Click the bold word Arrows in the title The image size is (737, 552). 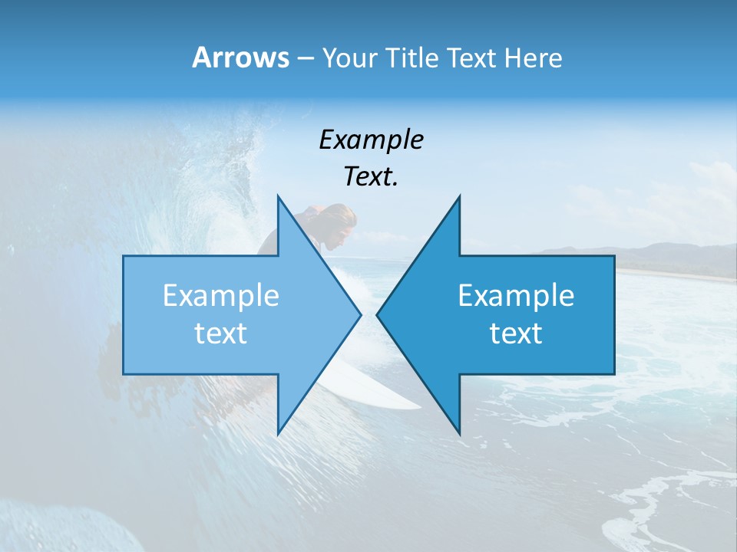240,58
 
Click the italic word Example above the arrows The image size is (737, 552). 371,140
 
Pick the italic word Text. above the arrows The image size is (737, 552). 371,176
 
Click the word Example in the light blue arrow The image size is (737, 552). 221,296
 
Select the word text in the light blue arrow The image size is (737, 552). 221,333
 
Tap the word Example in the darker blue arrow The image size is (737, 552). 516,296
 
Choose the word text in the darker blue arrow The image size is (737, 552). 516,333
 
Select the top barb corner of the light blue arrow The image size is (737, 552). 278,196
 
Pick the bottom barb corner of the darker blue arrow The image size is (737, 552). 459,434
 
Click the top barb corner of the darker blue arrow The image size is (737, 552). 459,196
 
